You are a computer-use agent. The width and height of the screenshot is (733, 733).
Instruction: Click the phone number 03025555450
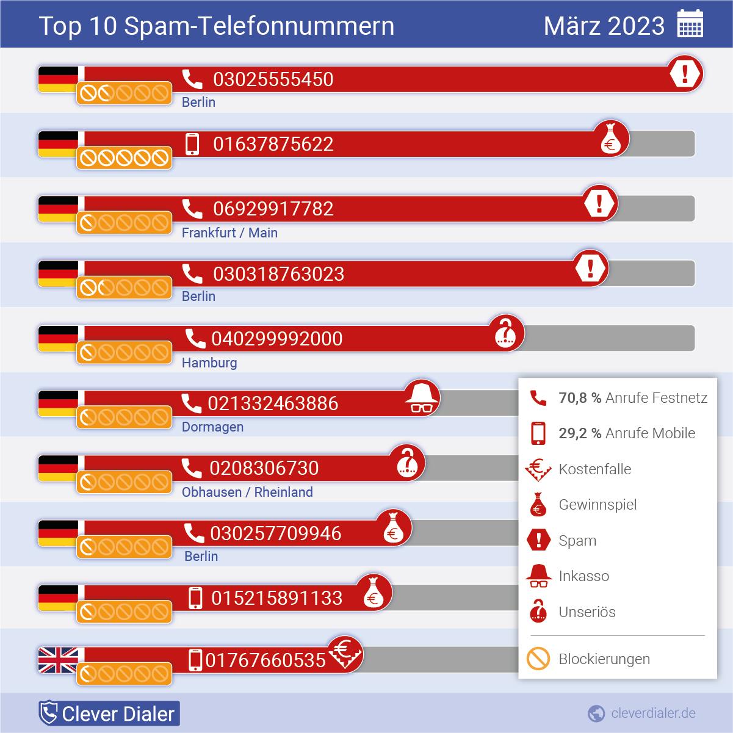[273, 79]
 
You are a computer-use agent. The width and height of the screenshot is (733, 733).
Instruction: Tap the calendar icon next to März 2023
[690, 25]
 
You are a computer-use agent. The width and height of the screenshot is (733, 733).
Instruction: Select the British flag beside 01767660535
[58, 660]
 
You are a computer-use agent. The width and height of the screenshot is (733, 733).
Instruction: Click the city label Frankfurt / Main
[229, 233]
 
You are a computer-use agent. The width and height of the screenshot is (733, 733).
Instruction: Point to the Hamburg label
[209, 363]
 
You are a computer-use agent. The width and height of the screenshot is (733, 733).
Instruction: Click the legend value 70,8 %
[580, 398]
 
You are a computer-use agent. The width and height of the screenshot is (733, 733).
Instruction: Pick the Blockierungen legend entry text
[604, 659]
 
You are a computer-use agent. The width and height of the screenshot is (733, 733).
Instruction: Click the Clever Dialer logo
[109, 713]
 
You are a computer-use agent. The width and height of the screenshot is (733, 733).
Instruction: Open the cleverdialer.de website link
[652, 713]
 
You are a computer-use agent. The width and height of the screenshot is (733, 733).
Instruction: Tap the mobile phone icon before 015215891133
[195, 598]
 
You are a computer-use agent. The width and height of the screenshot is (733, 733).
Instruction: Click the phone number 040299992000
[276, 339]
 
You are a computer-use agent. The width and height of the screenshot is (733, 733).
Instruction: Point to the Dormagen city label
[212, 427]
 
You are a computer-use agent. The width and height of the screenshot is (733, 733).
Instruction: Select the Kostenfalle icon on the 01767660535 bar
[345, 653]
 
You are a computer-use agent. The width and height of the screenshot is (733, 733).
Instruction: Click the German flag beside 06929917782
[58, 209]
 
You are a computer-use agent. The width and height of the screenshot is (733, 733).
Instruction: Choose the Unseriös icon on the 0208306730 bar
[407, 463]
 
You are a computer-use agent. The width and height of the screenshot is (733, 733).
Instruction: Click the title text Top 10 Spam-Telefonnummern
[216, 26]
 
